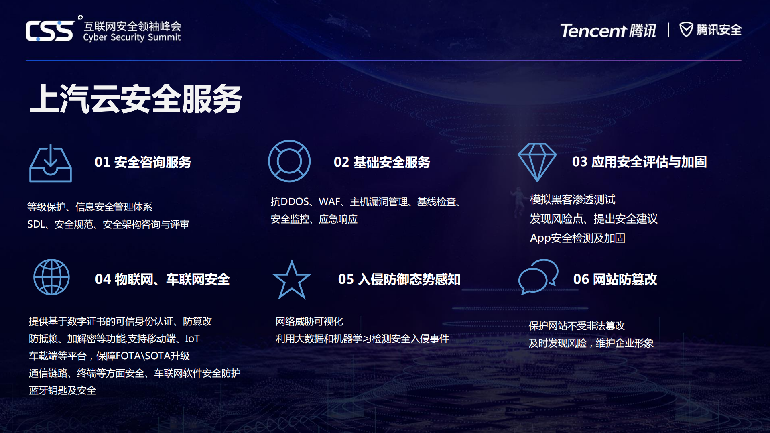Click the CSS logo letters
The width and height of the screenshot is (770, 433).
click(50, 30)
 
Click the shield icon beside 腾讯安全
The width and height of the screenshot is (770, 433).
click(686, 29)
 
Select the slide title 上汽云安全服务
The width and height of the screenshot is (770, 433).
click(136, 99)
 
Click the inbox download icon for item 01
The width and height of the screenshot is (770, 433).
click(51, 164)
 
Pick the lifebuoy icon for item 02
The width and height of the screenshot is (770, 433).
click(289, 161)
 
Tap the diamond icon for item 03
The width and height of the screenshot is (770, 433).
click(537, 162)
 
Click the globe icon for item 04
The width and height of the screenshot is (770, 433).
click(51, 277)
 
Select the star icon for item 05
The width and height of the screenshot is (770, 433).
click(292, 280)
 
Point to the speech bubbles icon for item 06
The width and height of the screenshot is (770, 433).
click(538, 277)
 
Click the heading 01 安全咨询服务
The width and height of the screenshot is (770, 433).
click(143, 162)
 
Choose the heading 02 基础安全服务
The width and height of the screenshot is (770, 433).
click(382, 162)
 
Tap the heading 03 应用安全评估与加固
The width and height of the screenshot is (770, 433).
click(639, 162)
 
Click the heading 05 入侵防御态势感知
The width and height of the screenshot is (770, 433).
click(399, 279)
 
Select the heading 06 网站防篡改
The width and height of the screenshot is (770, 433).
click(615, 279)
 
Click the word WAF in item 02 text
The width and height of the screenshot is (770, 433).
click(329, 202)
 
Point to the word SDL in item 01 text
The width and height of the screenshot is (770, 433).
click(36, 224)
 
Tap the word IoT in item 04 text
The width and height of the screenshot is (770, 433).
click(192, 339)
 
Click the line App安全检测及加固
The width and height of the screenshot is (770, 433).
click(577, 238)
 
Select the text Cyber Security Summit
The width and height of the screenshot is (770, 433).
click(132, 37)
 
